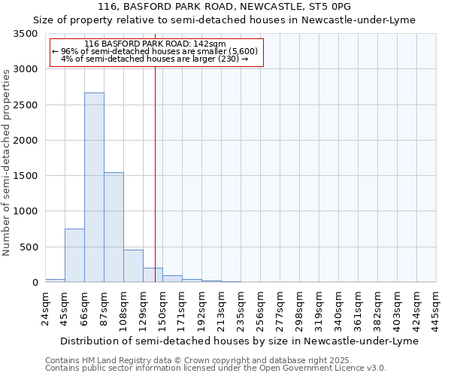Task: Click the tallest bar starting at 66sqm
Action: click(94, 187)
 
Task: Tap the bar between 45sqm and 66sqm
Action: click(74, 256)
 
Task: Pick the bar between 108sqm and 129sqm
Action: click(133, 266)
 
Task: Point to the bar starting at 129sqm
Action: click(153, 275)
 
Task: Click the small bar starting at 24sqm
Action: click(55, 280)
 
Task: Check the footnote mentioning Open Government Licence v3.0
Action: click(216, 368)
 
